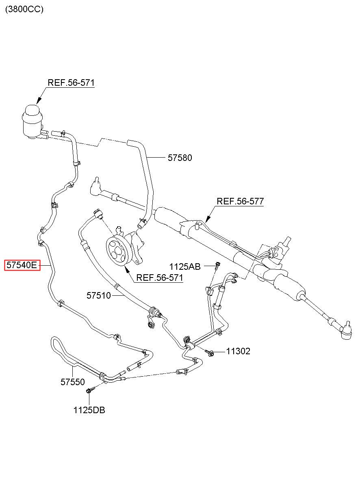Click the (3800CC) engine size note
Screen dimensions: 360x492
tap(24, 9)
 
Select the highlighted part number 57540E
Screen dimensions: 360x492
tap(22, 265)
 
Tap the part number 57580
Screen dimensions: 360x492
tap(180, 158)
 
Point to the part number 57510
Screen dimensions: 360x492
tap(99, 295)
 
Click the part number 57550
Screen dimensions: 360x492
tap(73, 382)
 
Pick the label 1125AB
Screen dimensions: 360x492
tap(185, 267)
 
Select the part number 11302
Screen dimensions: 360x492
tap(238, 351)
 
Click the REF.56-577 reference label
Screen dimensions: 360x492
tap(240, 201)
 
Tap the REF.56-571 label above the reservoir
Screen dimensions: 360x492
tap(71, 82)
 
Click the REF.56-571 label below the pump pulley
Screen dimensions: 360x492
tap(160, 277)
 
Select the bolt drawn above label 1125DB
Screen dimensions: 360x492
tap(91, 390)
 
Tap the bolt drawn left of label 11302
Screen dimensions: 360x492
tap(210, 353)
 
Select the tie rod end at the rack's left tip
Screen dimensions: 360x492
tap(95, 187)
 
